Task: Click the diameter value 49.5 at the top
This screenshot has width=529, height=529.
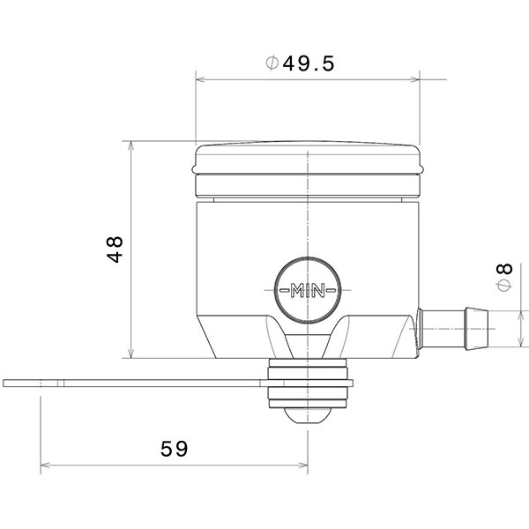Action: (310, 63)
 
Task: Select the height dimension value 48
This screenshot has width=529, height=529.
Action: (114, 250)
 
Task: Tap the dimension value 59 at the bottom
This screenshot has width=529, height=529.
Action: (175, 449)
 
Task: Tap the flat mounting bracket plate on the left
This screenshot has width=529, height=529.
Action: (132, 384)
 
